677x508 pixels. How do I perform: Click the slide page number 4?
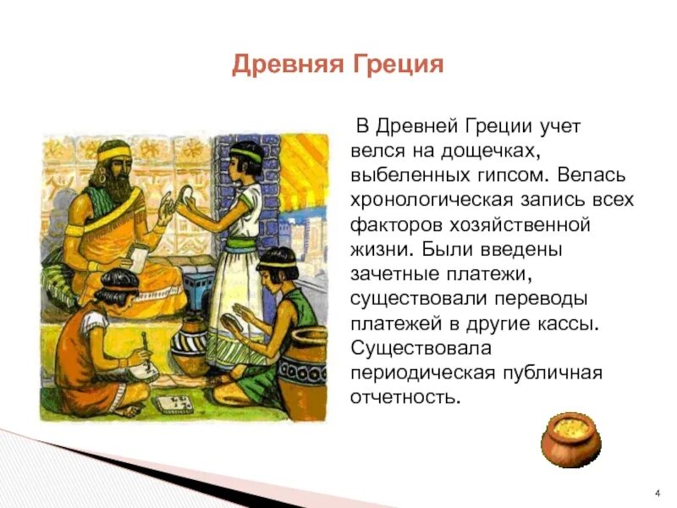658,493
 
